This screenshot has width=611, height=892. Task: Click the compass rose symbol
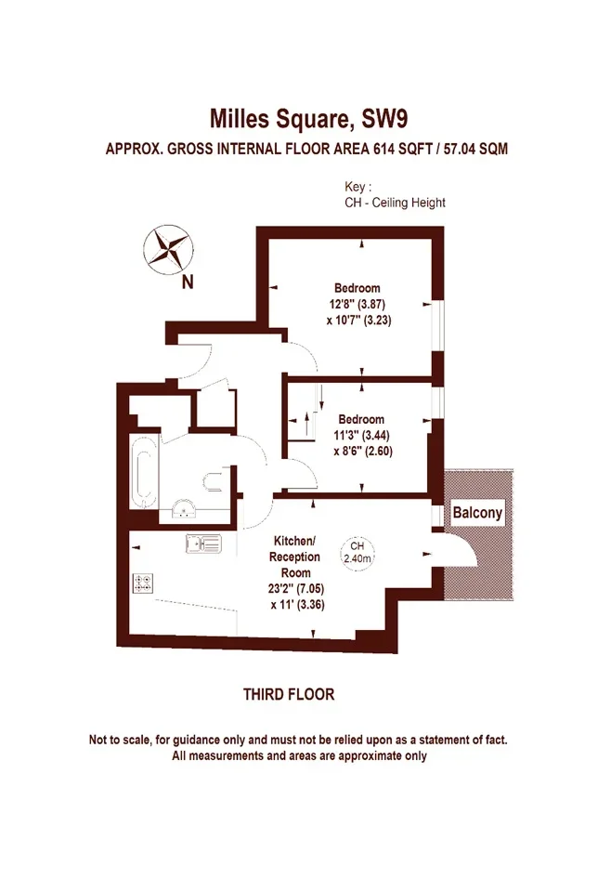click(168, 249)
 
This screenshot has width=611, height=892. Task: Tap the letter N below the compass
click(188, 282)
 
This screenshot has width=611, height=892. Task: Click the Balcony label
click(477, 513)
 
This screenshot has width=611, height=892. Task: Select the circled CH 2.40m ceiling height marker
click(357, 552)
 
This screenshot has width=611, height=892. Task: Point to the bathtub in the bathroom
click(144, 472)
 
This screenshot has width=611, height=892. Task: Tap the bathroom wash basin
click(184, 509)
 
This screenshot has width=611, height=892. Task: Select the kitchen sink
click(203, 544)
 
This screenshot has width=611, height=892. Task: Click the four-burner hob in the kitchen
click(143, 584)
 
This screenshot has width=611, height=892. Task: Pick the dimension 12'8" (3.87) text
click(357, 304)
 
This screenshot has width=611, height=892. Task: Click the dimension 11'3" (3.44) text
click(361, 436)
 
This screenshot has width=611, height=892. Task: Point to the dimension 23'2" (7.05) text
click(296, 589)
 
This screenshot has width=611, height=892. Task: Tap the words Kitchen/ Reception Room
click(294, 557)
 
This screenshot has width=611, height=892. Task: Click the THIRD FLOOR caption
click(289, 694)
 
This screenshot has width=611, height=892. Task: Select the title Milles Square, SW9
click(308, 119)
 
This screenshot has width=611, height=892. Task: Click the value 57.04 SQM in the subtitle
click(475, 149)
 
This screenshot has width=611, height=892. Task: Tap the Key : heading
click(358, 187)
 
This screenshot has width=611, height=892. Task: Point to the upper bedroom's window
click(438, 326)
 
